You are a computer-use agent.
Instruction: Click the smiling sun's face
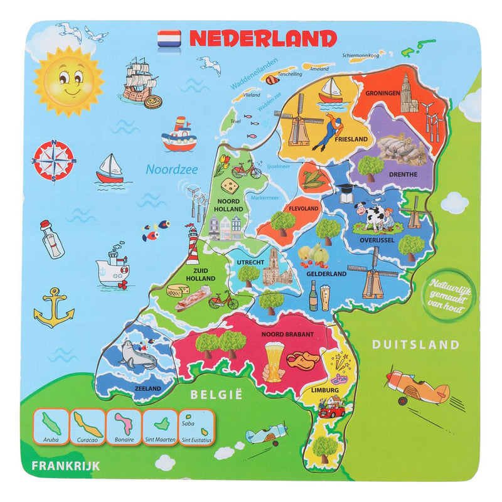67,81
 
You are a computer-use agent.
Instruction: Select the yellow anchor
54,308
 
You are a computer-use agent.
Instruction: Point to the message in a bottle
53,238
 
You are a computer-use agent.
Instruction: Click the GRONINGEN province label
379,93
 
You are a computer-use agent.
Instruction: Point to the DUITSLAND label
415,344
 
